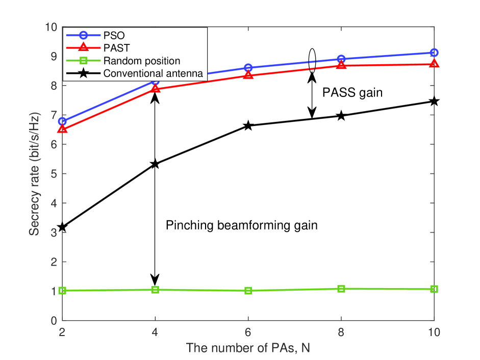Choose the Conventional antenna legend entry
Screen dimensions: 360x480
click(153, 73)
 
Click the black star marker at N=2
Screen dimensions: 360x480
click(63, 227)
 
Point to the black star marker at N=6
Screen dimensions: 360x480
click(248, 125)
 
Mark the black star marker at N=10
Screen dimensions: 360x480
click(434, 101)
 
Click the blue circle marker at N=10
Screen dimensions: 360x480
click(434, 53)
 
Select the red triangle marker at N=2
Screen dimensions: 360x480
click(63, 129)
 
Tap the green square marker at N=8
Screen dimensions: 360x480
click(341, 289)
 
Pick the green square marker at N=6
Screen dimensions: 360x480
click(248, 291)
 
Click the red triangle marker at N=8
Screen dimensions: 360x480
click(341, 65)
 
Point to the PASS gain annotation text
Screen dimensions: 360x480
click(352, 93)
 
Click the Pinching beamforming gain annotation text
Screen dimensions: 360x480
click(242, 225)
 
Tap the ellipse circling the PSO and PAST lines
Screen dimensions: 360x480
click(313, 60)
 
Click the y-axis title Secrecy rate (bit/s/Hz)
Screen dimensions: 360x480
click(33, 174)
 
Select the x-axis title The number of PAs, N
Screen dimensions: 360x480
click(248, 348)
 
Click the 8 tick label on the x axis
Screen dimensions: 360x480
click(341, 331)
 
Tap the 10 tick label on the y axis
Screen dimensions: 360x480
click(49, 27)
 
